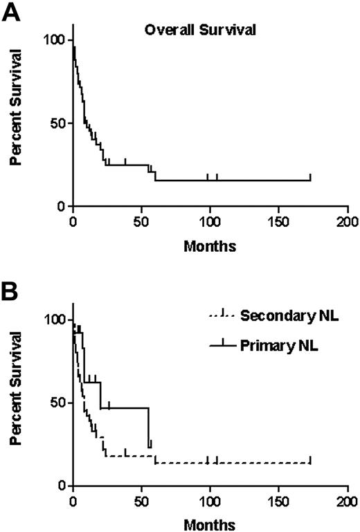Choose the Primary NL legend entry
tap(272, 342)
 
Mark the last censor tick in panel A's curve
tap(310, 177)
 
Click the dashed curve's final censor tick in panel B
tap(310, 459)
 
